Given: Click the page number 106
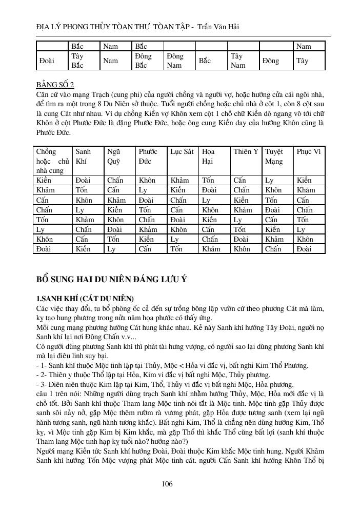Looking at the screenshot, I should [x=167, y=484].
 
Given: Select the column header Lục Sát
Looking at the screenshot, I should [x=182, y=152].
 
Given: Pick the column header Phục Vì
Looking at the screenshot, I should [x=309, y=152].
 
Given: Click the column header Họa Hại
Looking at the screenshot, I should [x=209, y=156].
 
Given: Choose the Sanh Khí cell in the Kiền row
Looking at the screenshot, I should [x=83, y=181].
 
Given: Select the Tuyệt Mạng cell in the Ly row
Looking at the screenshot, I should [x=272, y=230].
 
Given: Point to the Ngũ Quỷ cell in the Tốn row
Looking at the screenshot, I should [x=115, y=220].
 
